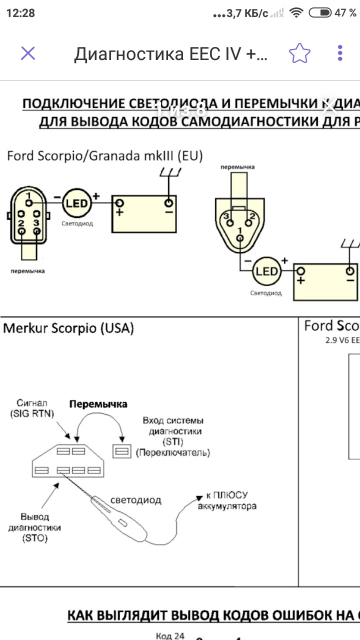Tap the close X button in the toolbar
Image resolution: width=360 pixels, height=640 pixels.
(x=28, y=53)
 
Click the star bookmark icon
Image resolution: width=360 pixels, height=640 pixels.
(x=299, y=53)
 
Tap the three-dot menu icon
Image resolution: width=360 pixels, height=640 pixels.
(x=340, y=53)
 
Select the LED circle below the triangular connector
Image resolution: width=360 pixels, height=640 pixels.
(x=266, y=271)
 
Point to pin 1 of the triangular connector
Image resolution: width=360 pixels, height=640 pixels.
(x=240, y=238)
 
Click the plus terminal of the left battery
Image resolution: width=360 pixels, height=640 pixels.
(x=120, y=203)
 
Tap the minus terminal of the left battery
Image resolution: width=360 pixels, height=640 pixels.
(x=168, y=203)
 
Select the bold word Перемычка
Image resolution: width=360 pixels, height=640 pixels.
(x=98, y=404)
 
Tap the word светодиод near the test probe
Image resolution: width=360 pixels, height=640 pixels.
(x=136, y=499)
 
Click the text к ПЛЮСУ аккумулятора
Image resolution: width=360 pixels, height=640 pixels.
(x=227, y=500)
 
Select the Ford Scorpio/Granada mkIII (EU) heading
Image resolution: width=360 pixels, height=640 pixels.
(x=104, y=155)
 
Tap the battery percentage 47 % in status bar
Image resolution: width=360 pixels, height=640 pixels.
(x=345, y=13)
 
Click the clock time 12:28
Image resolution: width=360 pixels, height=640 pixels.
(x=20, y=13)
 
